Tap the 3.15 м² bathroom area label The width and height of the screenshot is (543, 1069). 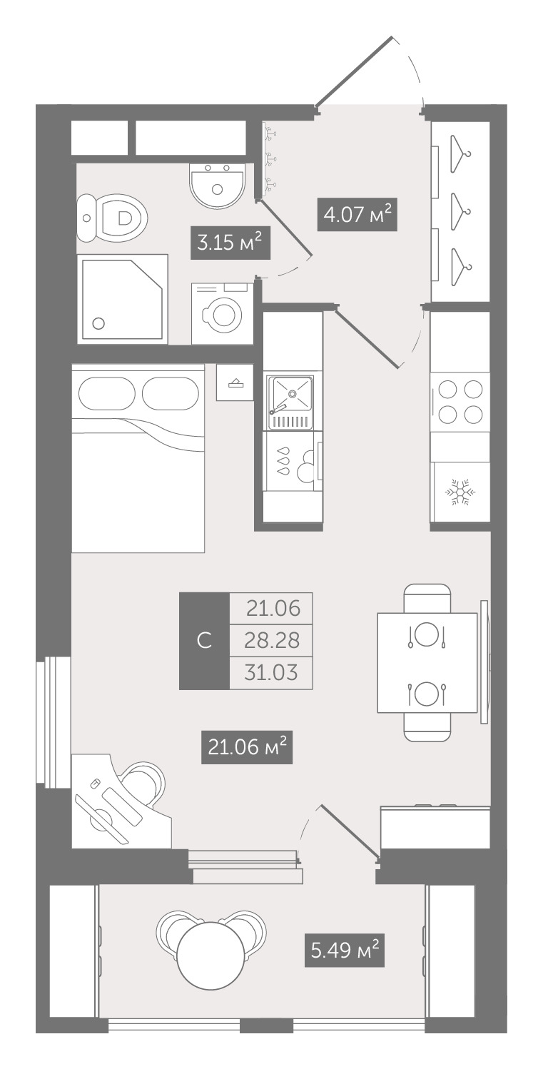point(230,243)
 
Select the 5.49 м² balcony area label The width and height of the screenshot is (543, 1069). point(345,951)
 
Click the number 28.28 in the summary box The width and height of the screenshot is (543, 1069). point(272,640)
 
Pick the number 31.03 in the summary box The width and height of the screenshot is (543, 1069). point(271,672)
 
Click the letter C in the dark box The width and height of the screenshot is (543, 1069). point(204,640)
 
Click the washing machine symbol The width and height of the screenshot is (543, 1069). point(223,313)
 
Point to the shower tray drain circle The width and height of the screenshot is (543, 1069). point(98,323)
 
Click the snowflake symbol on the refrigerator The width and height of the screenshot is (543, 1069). point(460,493)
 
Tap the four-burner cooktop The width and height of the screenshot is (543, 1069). point(460,402)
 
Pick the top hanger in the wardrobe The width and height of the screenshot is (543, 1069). point(460,154)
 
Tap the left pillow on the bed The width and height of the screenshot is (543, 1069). point(104,393)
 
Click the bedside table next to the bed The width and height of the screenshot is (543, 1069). point(234,382)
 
